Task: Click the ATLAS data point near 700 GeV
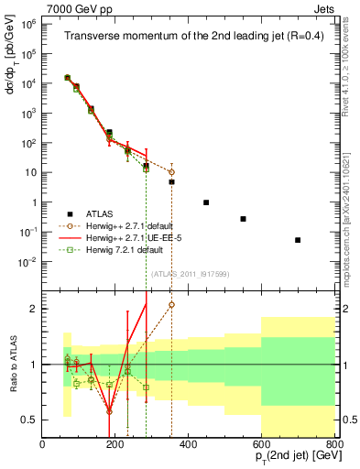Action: [298, 240]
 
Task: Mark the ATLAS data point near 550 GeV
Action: [243, 219]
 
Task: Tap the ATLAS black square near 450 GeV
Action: [206, 202]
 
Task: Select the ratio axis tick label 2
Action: [34, 309]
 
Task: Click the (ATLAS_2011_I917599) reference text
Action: [188, 274]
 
